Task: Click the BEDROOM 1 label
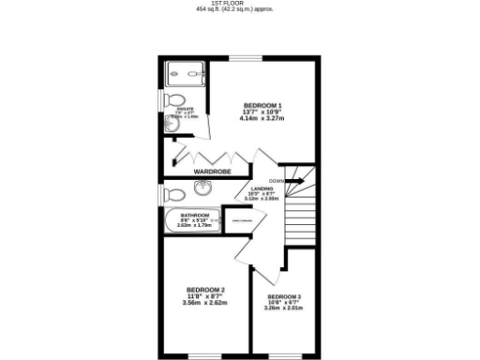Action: click(262, 105)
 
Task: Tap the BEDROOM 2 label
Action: click(205, 290)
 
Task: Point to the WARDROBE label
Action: click(213, 172)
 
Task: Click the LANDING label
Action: click(262, 188)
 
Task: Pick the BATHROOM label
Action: click(195, 215)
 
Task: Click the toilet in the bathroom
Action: click(172, 195)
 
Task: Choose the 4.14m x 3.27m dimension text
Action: click(262, 118)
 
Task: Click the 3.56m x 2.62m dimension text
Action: click(205, 303)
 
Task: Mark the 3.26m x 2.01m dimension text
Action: click(283, 308)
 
